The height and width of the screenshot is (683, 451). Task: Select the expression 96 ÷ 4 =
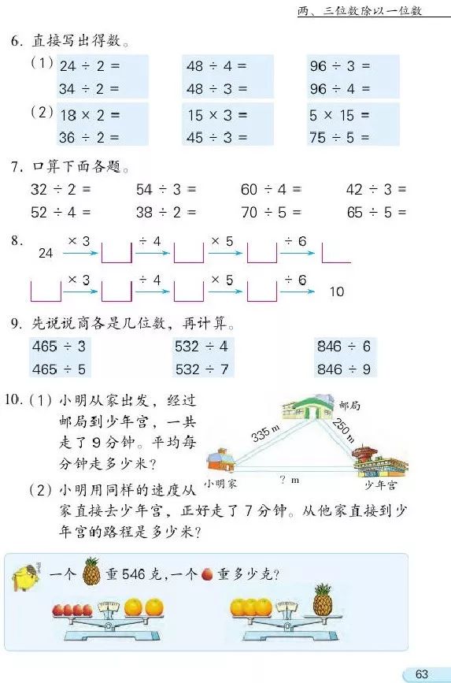point(340,88)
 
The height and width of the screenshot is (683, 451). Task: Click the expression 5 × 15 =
point(340,115)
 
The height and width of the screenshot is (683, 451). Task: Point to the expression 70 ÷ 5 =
point(271,212)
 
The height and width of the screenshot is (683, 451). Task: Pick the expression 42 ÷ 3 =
point(376,189)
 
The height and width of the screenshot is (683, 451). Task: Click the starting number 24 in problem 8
point(46,254)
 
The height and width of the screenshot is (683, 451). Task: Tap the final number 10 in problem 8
point(337,291)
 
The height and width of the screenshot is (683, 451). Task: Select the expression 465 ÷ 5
point(59,369)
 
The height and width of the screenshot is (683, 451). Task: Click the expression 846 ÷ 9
point(344,369)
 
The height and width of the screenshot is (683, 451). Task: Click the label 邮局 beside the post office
point(349,406)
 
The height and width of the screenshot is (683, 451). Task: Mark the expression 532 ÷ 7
point(201,369)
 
